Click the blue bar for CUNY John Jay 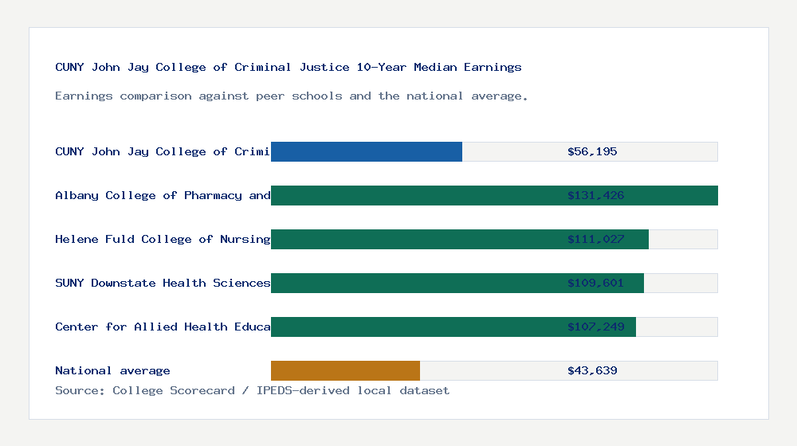click(x=367, y=151)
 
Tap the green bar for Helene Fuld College click(x=414, y=239)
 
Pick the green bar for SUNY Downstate click(x=414, y=283)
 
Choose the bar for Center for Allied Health click(x=414, y=327)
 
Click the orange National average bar click(x=345, y=370)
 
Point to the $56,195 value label click(x=592, y=151)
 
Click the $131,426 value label click(x=595, y=195)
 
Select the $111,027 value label click(x=595, y=239)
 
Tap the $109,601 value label click(x=595, y=283)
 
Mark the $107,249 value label click(x=595, y=327)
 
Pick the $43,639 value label click(x=592, y=370)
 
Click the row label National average click(x=112, y=370)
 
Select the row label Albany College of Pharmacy click(x=163, y=195)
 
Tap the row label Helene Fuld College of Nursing click(x=163, y=239)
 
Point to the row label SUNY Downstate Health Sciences click(x=163, y=283)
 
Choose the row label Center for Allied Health click(x=163, y=327)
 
